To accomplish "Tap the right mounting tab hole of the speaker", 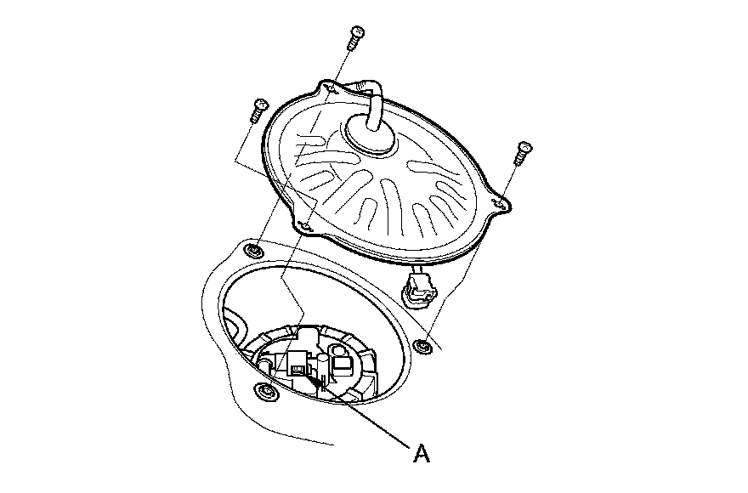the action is (502, 203).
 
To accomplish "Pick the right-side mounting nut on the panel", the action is (422, 344).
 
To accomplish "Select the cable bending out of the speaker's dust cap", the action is (372, 98).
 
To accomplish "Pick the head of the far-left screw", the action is (258, 105).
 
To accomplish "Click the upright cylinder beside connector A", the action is (322, 367).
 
